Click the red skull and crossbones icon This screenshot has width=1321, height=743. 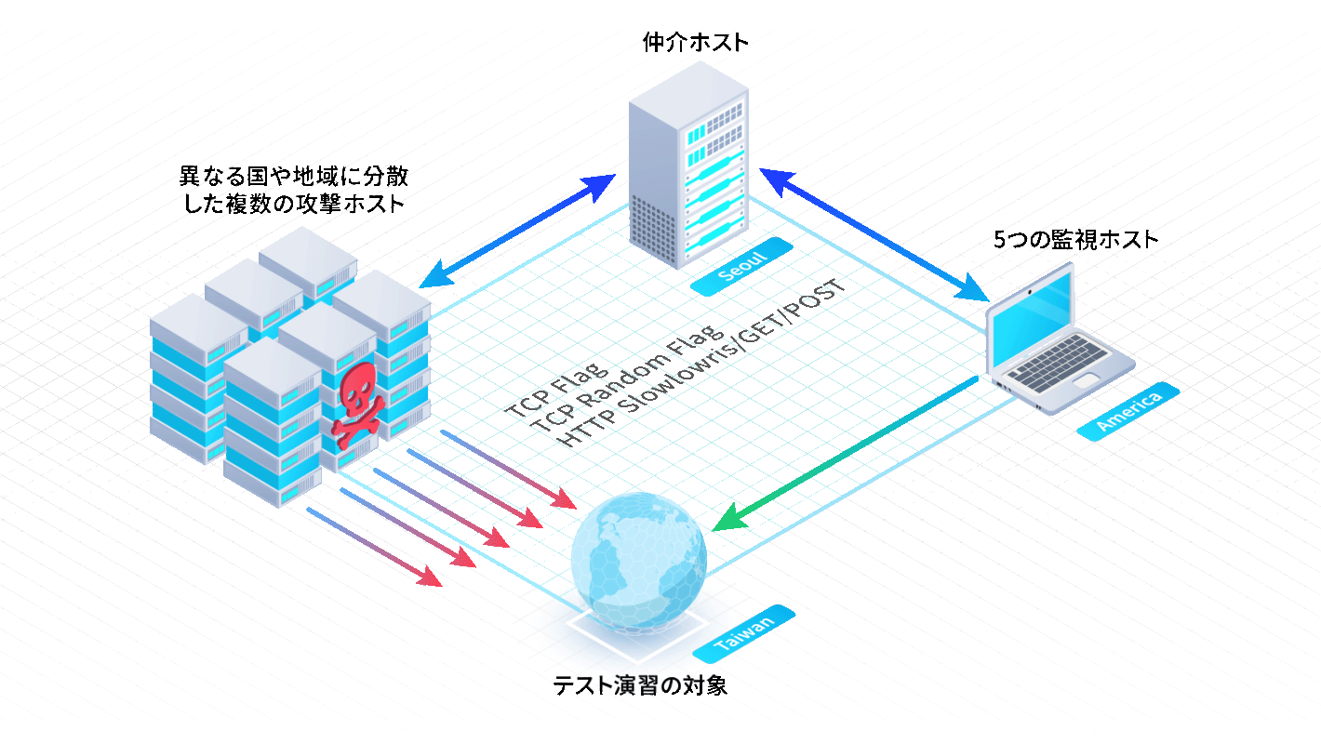tap(357, 405)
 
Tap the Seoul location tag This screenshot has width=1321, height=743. tap(741, 267)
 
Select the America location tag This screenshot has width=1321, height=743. tap(1128, 412)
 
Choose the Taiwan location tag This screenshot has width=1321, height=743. tap(743, 634)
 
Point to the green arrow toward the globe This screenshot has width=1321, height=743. tap(845, 454)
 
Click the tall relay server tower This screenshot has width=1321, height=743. tap(688, 166)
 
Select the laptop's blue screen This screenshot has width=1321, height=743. tap(1032, 319)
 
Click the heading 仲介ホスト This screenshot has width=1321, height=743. tap(695, 43)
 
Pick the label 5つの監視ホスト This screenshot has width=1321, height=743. tap(1075, 239)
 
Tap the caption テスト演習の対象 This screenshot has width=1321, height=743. tap(640, 685)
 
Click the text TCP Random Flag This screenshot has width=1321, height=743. tap(627, 378)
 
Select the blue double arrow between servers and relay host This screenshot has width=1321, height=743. tap(516, 232)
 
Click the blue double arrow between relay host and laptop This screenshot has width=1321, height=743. tap(874, 234)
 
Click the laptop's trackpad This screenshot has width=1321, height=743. tap(1086, 380)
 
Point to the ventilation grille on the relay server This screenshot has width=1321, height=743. tap(653, 231)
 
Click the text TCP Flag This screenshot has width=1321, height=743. tap(556, 390)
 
